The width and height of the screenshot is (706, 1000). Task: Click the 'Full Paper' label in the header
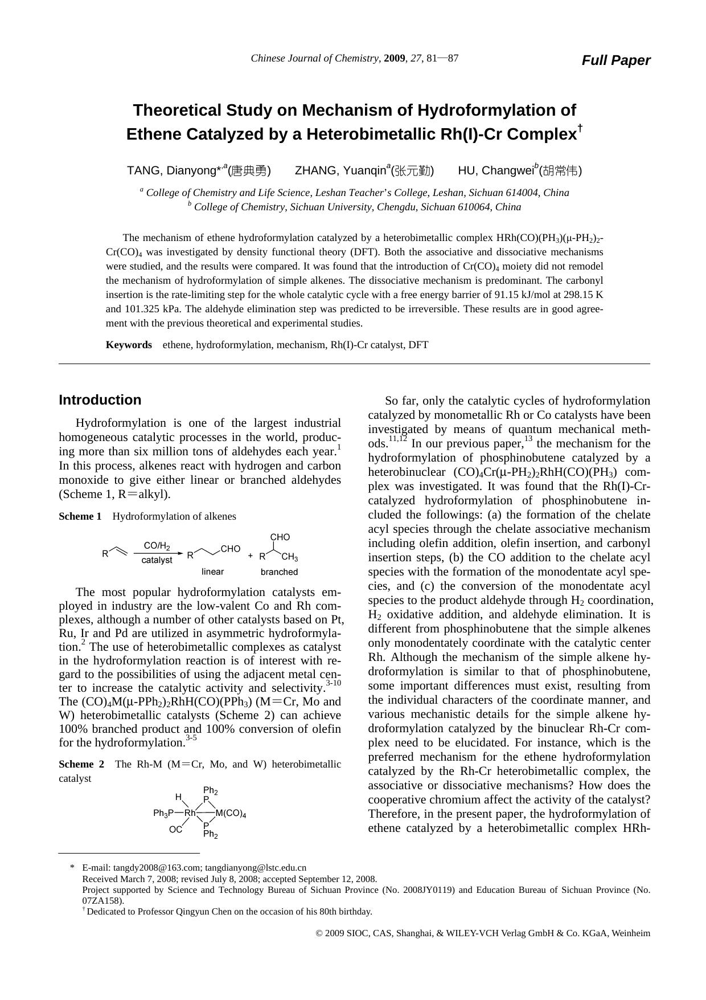pyautogui.click(x=615, y=60)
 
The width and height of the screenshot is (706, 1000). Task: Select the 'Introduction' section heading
pyautogui.click(x=100, y=400)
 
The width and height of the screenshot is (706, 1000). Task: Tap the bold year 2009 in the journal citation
pyautogui.click(x=395, y=58)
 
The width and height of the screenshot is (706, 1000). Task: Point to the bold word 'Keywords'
pyautogui.click(x=129, y=345)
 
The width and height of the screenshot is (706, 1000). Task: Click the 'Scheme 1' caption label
pyautogui.click(x=80, y=516)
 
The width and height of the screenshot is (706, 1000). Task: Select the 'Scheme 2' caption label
pyautogui.click(x=81, y=764)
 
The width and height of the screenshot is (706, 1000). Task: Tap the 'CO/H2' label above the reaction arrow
pyautogui.click(x=157, y=546)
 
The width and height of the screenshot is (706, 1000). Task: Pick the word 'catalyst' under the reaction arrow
pyautogui.click(x=157, y=560)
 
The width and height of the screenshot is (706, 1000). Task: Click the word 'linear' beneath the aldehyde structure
pyautogui.click(x=212, y=572)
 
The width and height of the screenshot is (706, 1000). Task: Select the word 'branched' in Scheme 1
pyautogui.click(x=279, y=572)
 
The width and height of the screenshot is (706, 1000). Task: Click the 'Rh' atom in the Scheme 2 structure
pyautogui.click(x=190, y=813)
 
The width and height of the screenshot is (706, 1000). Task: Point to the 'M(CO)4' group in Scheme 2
pyautogui.click(x=231, y=814)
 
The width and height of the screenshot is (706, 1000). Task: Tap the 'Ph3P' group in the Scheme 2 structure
pyautogui.click(x=163, y=813)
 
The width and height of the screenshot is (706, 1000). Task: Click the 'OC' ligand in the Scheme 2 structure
pyautogui.click(x=175, y=830)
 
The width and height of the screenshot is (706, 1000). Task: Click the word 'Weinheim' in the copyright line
pyautogui.click(x=630, y=933)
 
